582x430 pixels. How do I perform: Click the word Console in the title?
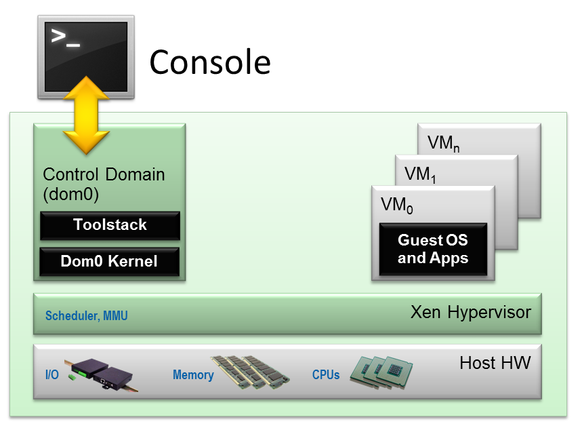pyautogui.click(x=210, y=62)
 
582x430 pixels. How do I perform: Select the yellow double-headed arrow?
pyautogui.click(x=86, y=116)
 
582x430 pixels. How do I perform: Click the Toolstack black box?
pyautogui.click(x=110, y=225)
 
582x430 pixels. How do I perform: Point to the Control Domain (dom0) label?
pyautogui.click(x=103, y=184)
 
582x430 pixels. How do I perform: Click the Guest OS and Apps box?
pyautogui.click(x=432, y=249)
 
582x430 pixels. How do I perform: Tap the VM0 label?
pyautogui.click(x=397, y=204)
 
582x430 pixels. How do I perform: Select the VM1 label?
pyautogui.click(x=420, y=174)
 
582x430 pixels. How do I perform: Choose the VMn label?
pyautogui.click(x=444, y=144)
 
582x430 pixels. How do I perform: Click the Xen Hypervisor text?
pyautogui.click(x=470, y=313)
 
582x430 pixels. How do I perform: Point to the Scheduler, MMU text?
pyautogui.click(x=86, y=316)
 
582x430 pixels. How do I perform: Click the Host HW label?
pyautogui.click(x=495, y=363)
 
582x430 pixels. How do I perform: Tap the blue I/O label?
pyautogui.click(x=51, y=374)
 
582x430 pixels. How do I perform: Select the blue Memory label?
pyautogui.click(x=193, y=374)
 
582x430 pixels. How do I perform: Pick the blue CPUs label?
pyautogui.click(x=326, y=374)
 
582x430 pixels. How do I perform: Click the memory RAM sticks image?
pyautogui.click(x=249, y=372)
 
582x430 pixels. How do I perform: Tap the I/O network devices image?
pyautogui.click(x=102, y=372)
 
